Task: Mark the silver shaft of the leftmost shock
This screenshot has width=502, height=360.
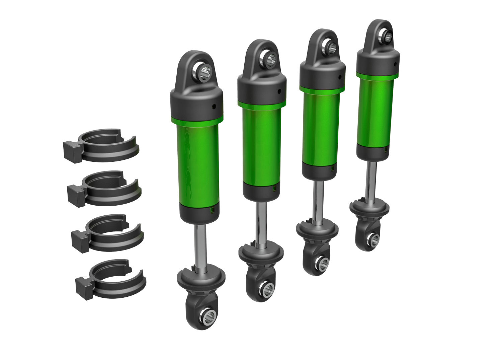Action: [x=201, y=244]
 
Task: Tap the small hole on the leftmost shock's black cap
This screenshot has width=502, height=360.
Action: [x=214, y=107]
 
